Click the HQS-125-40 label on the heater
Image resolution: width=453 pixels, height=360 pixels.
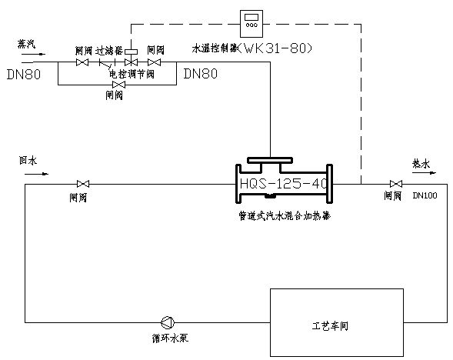click(x=282, y=185)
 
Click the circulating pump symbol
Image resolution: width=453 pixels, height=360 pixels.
click(x=168, y=322)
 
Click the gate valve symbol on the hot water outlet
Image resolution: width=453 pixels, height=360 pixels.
click(x=395, y=184)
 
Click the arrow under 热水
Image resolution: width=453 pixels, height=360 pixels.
click(x=422, y=174)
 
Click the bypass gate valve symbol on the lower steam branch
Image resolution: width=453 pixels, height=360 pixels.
click(x=118, y=84)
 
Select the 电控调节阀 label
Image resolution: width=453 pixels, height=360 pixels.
click(x=132, y=74)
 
